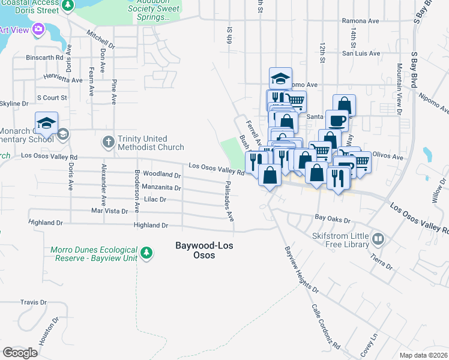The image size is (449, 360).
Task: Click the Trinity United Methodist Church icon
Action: click(108, 142)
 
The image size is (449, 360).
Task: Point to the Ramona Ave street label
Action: click(360, 21)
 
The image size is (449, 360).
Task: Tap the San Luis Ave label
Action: click(361, 53)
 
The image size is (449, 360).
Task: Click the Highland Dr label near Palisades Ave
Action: click(151, 226)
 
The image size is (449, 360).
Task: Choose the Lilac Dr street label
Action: click(154, 199)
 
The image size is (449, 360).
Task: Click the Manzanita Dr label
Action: click(161, 187)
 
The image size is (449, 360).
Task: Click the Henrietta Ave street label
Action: click(63, 79)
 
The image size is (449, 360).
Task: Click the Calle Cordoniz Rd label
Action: click(325, 327)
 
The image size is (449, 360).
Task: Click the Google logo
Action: click(20, 353)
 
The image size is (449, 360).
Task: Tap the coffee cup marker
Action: click(337, 120)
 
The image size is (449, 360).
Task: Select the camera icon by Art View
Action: click(39, 29)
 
